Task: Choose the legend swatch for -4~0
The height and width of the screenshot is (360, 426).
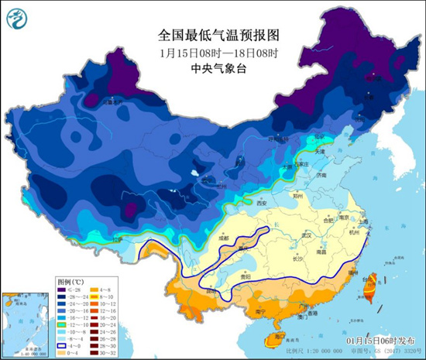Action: (x=63, y=345)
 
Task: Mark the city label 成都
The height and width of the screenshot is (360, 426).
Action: (x=225, y=238)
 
